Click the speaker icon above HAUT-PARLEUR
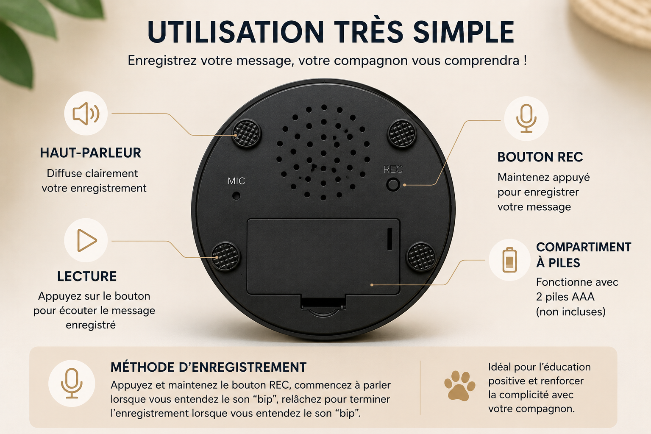coord(86,113)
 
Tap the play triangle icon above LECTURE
coord(86,240)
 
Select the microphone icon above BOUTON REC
coord(526,118)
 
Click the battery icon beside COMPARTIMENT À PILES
coord(509,259)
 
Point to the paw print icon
coord(459,386)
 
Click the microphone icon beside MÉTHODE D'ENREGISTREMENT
coord(72,384)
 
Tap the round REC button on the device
coord(393,185)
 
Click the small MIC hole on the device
coord(236,196)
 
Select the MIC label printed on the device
coord(236,181)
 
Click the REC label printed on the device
coord(393,169)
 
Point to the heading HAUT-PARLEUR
coord(90,153)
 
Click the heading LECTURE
coord(86,276)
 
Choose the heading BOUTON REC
coord(540,157)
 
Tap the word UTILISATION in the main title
coord(235,32)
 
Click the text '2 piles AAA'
coord(565,297)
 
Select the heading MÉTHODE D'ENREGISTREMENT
coord(209,367)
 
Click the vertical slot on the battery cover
coord(390,239)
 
